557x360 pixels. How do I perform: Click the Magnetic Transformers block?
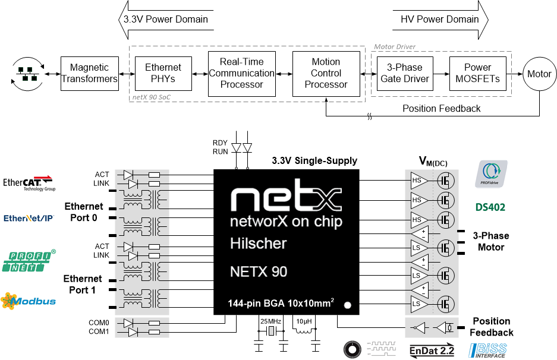[89, 74]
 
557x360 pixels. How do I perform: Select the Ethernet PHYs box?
[163, 74]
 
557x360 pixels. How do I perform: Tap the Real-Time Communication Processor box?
[241, 74]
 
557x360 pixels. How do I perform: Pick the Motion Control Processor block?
[326, 74]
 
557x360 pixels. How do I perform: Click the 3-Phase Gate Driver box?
[404, 74]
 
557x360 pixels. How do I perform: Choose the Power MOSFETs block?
[477, 74]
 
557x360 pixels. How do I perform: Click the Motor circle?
[539, 74]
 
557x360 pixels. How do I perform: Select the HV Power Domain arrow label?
[440, 19]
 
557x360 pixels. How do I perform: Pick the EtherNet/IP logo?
[29, 218]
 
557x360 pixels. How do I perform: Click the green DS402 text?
[490, 208]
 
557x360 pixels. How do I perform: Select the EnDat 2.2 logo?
[432, 350]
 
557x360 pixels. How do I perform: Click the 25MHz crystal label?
[270, 321]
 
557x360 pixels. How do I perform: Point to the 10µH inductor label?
[304, 321]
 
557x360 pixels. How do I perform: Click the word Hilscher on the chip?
[258, 244]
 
